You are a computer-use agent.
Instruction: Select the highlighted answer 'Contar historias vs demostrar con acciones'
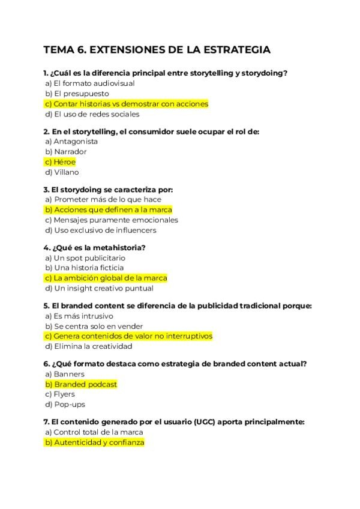tap(126, 104)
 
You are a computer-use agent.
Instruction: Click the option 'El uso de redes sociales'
tap(92, 114)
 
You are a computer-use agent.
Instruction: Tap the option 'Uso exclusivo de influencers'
tap(100, 230)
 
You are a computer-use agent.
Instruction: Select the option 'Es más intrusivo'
tap(79, 316)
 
